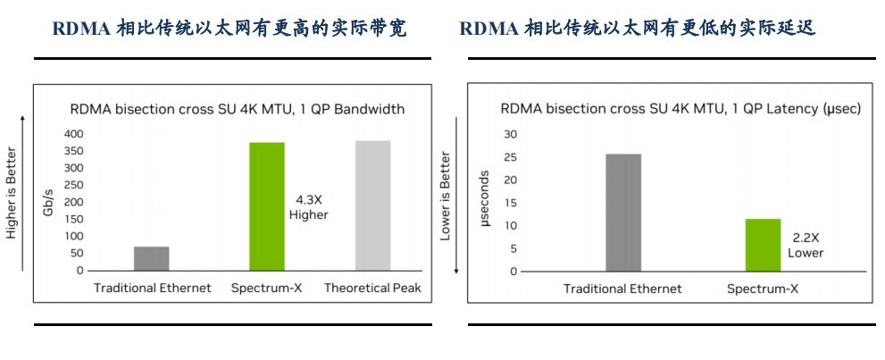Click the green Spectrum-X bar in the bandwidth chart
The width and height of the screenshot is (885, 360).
click(266, 206)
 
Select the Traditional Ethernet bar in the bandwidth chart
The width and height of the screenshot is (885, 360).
click(152, 258)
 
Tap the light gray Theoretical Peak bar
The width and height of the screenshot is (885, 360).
click(372, 205)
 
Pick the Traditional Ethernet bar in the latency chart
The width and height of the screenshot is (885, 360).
click(622, 213)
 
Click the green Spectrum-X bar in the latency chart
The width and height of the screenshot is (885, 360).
click(763, 245)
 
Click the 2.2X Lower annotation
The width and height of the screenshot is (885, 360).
click(806, 246)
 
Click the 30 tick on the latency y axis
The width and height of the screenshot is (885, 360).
click(511, 134)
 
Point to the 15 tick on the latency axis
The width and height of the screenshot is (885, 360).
click(511, 203)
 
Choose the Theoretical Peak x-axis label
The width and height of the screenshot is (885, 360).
click(372, 289)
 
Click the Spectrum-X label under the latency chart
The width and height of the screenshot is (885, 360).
click(763, 289)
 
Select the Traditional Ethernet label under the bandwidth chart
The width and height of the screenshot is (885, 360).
click(153, 289)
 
